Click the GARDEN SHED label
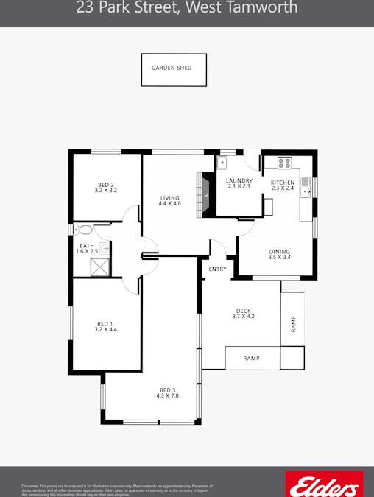pyautogui.click(x=172, y=68)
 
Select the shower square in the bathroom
pyautogui.click(x=99, y=267)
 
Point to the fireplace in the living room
pyautogui.click(x=202, y=194)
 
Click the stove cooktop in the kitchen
pyautogui.click(x=284, y=163)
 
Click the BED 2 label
pyautogui.click(x=106, y=185)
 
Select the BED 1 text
pyautogui.click(x=106, y=323)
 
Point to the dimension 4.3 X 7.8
pyautogui.click(x=168, y=396)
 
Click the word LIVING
pyautogui.click(x=170, y=197)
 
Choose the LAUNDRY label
pyautogui.click(x=239, y=180)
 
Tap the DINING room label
pyautogui.click(x=279, y=251)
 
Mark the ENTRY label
pyautogui.click(x=217, y=269)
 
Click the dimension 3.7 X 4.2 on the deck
pyautogui.click(x=244, y=317)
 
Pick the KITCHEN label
pyautogui.click(x=283, y=182)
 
